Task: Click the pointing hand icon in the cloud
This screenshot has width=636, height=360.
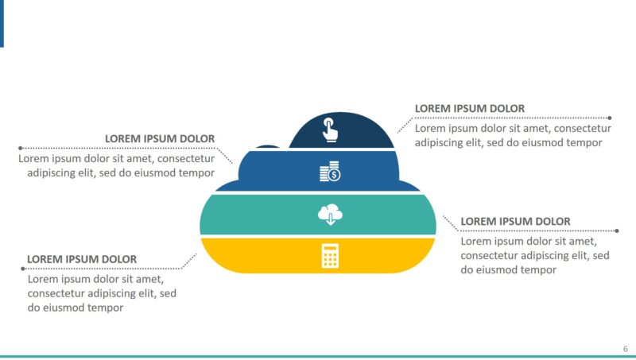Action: tap(329, 130)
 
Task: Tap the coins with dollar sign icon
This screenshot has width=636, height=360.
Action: tap(329, 171)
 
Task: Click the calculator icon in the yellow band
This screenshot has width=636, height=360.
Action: tap(330, 255)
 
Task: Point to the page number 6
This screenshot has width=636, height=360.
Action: tap(625, 349)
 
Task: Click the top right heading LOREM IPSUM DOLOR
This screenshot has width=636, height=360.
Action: tap(469, 109)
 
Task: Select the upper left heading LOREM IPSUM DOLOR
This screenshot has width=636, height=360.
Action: tap(159, 139)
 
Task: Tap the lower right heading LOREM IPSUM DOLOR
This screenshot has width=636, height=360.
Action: tap(515, 221)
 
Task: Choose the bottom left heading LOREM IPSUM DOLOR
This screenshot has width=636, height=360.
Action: tap(82, 259)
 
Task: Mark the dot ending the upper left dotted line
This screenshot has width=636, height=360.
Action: tap(20, 148)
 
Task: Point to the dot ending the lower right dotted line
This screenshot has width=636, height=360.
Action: tap(617, 230)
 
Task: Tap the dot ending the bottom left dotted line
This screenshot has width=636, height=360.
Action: tap(22, 269)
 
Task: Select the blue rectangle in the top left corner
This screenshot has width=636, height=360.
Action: tap(2, 22)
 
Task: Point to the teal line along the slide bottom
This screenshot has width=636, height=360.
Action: tap(318, 356)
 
